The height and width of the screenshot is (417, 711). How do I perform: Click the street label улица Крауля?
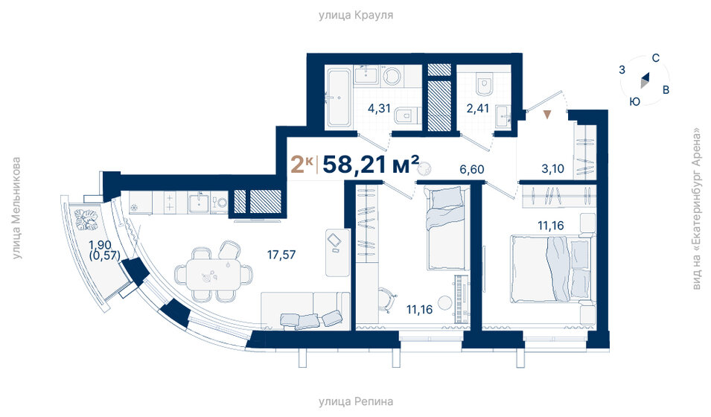(355, 14)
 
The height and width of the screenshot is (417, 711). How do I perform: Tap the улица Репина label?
(355, 402)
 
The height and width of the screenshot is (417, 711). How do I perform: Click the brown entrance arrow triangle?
(547, 115)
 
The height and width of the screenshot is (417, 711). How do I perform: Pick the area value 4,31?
(380, 108)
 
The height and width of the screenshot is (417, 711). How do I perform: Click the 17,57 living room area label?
(282, 255)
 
